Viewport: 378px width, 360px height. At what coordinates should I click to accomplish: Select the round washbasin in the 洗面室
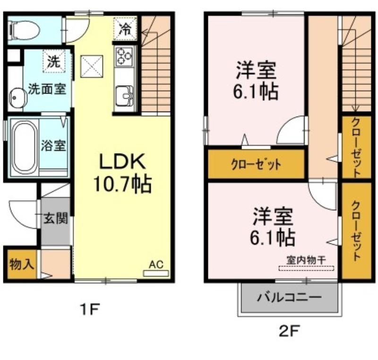pyautogui.click(x=17, y=98)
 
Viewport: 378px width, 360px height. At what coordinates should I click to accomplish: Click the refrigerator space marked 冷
pyautogui.click(x=125, y=28)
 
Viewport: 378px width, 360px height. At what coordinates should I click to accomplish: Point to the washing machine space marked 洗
pyautogui.click(x=54, y=61)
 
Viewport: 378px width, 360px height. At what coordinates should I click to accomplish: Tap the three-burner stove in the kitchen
pyautogui.click(x=124, y=57)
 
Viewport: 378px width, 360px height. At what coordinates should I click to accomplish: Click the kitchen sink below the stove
pyautogui.click(x=124, y=96)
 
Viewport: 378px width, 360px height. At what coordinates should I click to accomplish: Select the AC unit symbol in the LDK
pyautogui.click(x=156, y=274)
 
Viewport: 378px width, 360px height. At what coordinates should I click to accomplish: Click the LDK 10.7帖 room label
pyautogui.click(x=122, y=173)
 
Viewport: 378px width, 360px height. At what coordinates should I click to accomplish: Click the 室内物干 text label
pyautogui.click(x=306, y=260)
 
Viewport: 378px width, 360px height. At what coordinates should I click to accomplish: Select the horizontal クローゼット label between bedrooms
pyautogui.click(x=256, y=165)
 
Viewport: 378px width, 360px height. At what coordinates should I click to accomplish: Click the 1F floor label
pyautogui.click(x=90, y=309)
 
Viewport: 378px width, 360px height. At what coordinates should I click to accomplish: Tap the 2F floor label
pyautogui.click(x=289, y=331)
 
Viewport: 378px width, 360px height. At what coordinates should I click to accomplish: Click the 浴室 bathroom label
pyautogui.click(x=53, y=146)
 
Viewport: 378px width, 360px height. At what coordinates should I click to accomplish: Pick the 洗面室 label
pyautogui.click(x=47, y=89)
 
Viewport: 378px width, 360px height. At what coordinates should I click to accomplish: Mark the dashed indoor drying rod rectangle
pyautogui.click(x=306, y=268)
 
